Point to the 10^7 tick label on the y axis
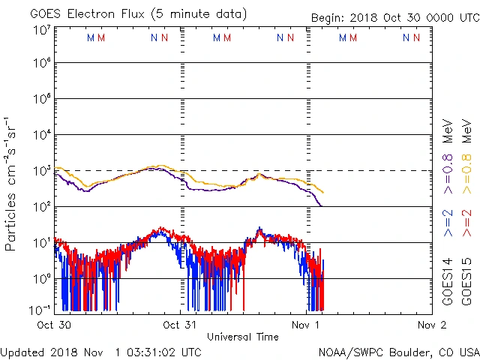pyautogui.click(x=42, y=30)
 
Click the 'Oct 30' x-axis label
pyautogui.click(x=53, y=325)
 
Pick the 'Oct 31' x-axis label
pyautogui.click(x=180, y=325)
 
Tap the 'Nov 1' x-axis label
pyautogui.click(x=306, y=325)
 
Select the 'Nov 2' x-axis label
pyautogui.click(x=432, y=325)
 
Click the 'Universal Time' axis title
pyautogui.click(x=243, y=337)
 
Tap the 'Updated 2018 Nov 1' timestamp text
pyautogui.click(x=100, y=351)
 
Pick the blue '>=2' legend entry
pyautogui.click(x=448, y=223)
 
